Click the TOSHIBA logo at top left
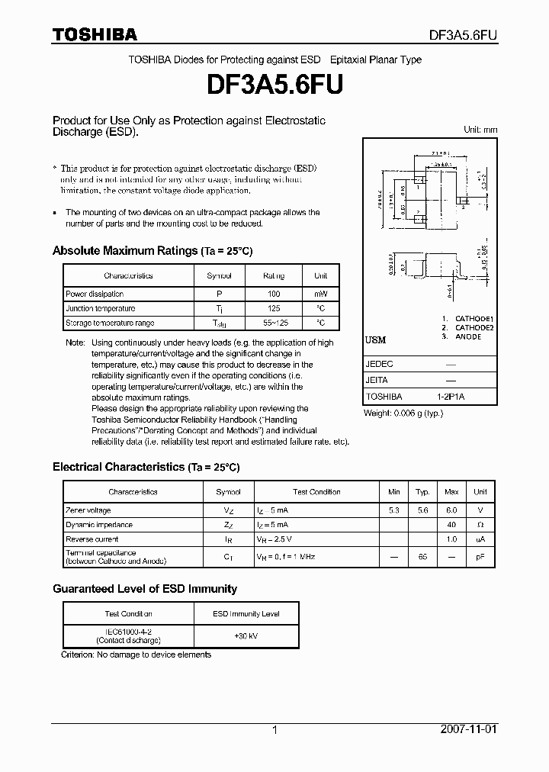pos(95,34)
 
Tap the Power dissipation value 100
pos(274,294)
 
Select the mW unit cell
pos(321,294)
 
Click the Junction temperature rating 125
pos(274,308)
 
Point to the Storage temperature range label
pos(110,323)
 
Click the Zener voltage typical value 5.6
pos(422,510)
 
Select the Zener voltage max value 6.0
pos(451,510)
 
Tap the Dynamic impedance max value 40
pos(451,525)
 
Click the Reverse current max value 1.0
pos(451,539)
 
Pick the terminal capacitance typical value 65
pos(422,557)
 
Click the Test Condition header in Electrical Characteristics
pos(316,492)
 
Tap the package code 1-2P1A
pos(451,397)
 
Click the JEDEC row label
pos(380,365)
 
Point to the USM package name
pos(376,340)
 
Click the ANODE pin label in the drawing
pos(468,336)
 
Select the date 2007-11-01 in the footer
pos(470,729)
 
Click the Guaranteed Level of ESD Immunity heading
pos(145,589)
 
